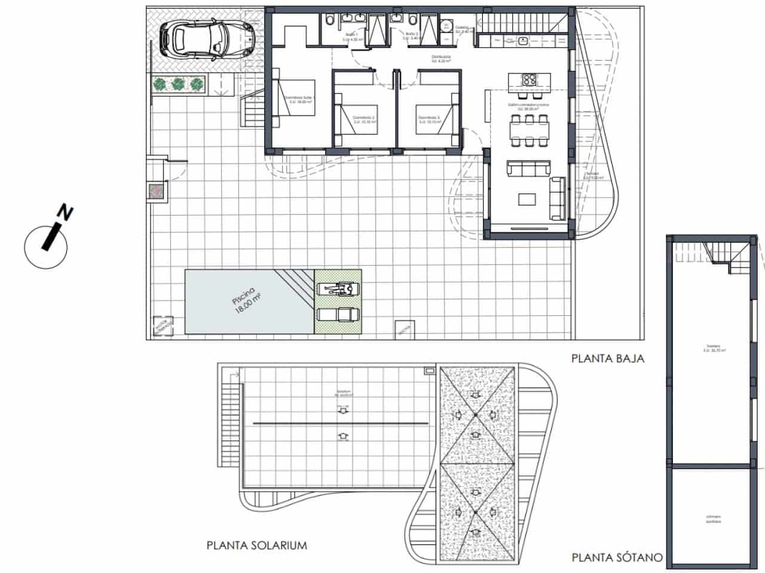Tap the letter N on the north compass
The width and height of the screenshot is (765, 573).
click(64, 212)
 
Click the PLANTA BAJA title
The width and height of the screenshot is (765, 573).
click(608, 359)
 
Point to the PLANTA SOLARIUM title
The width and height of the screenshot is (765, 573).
click(256, 545)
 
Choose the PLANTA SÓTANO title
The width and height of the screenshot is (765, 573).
click(617, 558)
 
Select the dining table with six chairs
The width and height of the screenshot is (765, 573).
click(529, 130)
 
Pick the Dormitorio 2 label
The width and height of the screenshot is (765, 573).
click(363, 119)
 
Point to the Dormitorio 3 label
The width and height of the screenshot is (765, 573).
click(429, 119)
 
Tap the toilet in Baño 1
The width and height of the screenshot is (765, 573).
click(329, 21)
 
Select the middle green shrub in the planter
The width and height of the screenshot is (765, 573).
click(178, 85)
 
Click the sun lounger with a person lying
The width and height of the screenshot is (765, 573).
click(338, 289)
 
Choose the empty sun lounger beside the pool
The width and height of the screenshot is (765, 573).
click(338, 314)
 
